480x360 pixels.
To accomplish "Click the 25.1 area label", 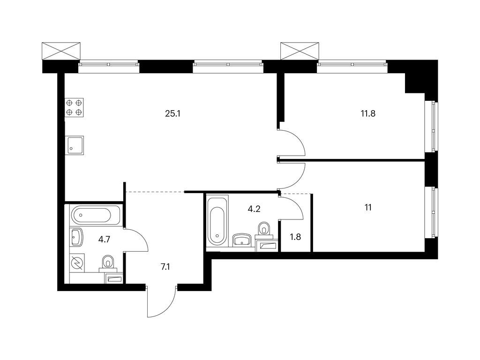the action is (x=173, y=114).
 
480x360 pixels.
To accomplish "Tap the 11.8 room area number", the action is (x=368, y=114).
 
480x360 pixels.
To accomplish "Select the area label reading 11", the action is (x=368, y=208).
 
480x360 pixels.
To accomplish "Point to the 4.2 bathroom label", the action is (x=254, y=209).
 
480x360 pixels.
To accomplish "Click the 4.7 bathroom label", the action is (x=104, y=240).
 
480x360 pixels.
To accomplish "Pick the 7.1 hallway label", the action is (x=165, y=267).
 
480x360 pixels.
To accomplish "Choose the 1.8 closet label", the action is (x=295, y=237).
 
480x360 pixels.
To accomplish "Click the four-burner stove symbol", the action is (x=74, y=107).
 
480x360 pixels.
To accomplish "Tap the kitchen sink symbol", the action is (x=74, y=144).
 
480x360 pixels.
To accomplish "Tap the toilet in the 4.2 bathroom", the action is (x=264, y=230).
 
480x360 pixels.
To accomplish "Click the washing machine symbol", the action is (x=77, y=263).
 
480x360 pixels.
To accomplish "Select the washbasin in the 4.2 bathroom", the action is (x=242, y=240).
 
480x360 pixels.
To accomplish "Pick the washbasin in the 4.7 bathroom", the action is (x=76, y=237).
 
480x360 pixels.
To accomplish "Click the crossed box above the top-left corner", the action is (x=61, y=51).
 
